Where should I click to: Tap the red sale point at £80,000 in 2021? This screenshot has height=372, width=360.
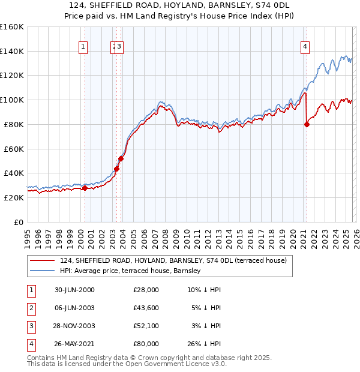[307, 124]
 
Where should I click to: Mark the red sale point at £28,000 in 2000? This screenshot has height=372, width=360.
[85, 188]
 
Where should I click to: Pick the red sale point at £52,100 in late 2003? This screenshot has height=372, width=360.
[121, 158]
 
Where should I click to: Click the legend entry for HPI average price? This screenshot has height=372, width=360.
[133, 271]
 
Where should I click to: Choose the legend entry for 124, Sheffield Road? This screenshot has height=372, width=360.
[173, 260]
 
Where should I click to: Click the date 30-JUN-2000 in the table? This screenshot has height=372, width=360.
[74, 290]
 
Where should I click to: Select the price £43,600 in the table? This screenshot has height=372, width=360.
[146, 308]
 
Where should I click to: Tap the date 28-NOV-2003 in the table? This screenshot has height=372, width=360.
[74, 326]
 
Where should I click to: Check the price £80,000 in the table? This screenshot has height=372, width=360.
[146, 344]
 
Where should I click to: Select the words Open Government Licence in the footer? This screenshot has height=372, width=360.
[170, 364]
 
